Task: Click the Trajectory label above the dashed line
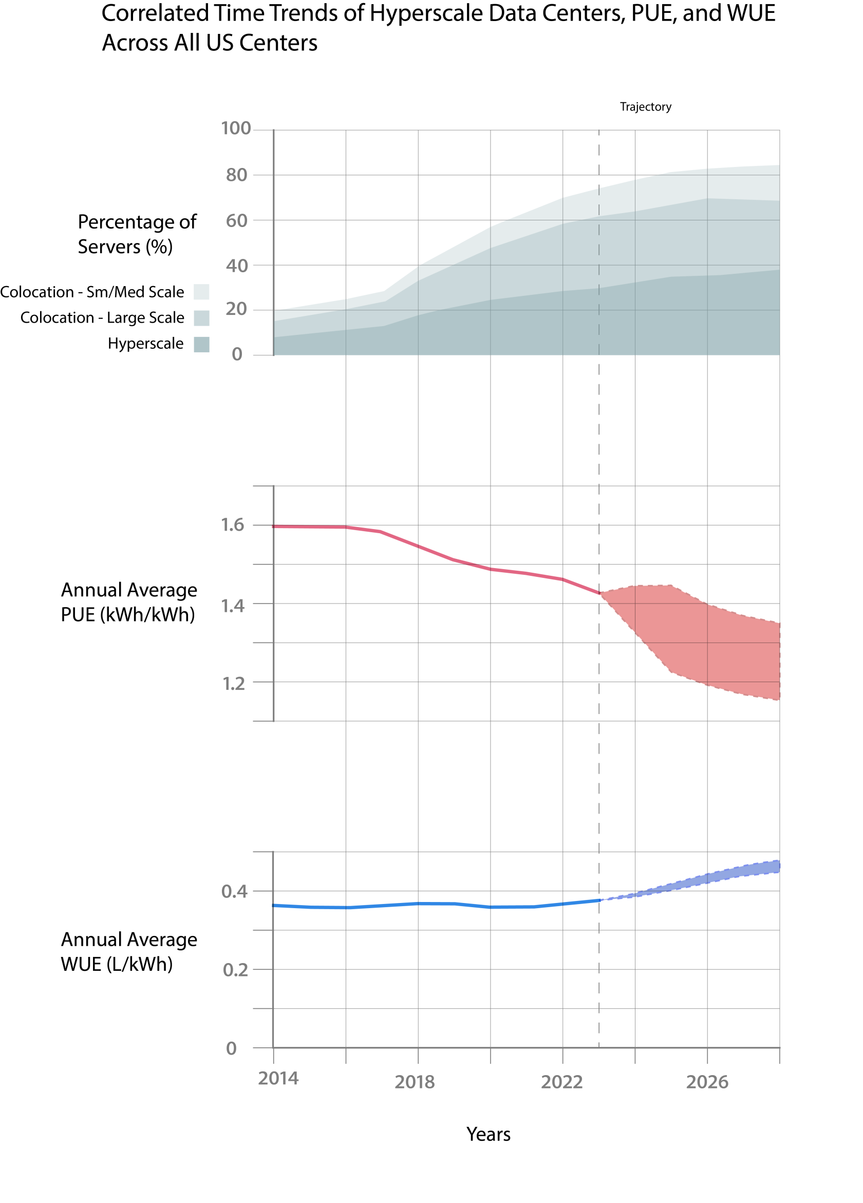(645, 107)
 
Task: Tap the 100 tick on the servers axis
(235, 128)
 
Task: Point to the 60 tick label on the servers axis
(237, 221)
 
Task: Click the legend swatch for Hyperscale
(201, 344)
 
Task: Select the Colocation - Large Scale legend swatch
(201, 318)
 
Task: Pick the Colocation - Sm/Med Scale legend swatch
(201, 292)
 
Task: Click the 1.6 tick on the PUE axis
(232, 524)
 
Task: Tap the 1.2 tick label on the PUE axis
(233, 684)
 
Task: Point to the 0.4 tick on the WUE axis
(234, 892)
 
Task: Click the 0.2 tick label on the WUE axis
(235, 970)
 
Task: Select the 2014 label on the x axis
(278, 1078)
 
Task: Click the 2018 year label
(414, 1082)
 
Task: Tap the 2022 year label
(561, 1082)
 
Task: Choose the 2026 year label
(706, 1082)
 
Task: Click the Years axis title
(488, 1134)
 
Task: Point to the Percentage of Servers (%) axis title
(137, 234)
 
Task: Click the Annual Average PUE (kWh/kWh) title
(128, 602)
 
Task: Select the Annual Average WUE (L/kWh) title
(128, 951)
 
